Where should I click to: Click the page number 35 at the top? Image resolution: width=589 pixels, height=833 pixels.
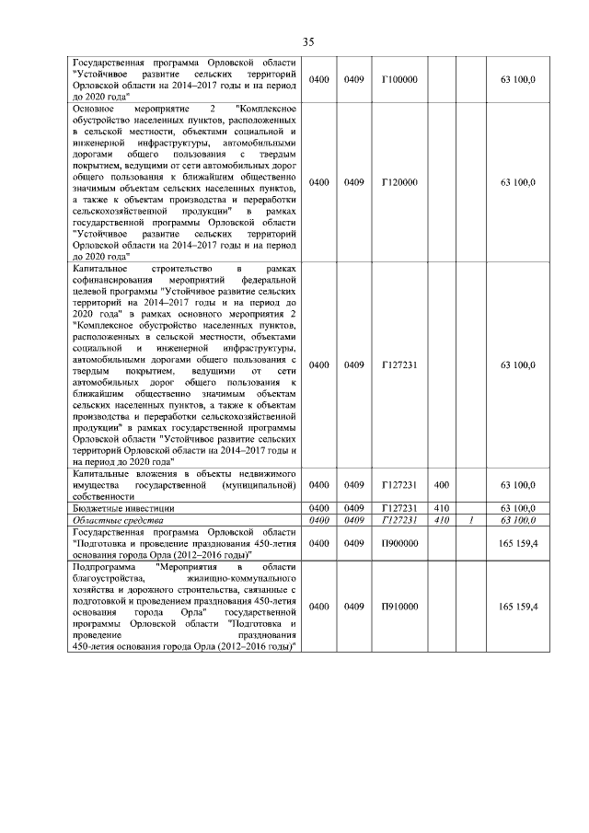click(x=307, y=41)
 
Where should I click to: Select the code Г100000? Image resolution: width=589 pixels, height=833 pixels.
click(x=399, y=80)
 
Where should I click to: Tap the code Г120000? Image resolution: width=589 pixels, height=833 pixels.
click(x=399, y=183)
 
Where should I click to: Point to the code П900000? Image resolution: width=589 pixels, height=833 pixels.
click(x=399, y=544)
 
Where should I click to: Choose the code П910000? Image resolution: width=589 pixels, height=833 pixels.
click(x=399, y=607)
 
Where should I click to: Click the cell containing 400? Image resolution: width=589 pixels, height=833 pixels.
click(x=441, y=484)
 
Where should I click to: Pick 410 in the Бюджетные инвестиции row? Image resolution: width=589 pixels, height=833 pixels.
click(x=441, y=507)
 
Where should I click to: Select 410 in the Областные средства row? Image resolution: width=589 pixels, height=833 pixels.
click(x=441, y=520)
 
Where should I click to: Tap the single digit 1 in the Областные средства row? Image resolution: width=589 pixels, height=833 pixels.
click(x=470, y=520)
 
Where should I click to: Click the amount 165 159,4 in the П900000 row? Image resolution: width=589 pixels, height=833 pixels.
click(x=518, y=544)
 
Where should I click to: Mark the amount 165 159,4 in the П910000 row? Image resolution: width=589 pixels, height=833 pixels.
click(x=518, y=607)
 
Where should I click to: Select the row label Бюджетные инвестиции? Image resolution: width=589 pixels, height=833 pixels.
click(x=123, y=507)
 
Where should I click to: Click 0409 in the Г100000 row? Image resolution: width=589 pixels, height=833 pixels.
click(x=353, y=80)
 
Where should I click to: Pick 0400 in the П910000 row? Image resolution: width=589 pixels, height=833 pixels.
click(x=319, y=607)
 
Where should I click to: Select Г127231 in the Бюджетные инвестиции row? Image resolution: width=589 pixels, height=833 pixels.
click(x=399, y=507)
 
